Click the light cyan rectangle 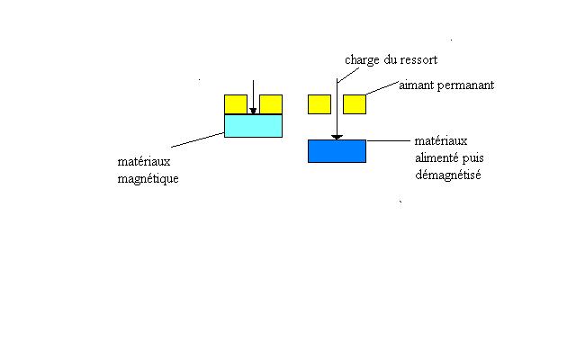pyautogui.click(x=253, y=126)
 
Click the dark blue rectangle pyautogui.click(x=337, y=151)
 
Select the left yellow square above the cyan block pyautogui.click(x=235, y=104)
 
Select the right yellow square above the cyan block pyautogui.click(x=271, y=104)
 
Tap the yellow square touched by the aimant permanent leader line pyautogui.click(x=355, y=103)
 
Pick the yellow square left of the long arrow pyautogui.click(x=319, y=103)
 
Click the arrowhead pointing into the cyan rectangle pyautogui.click(x=253, y=112)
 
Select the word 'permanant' pyautogui.click(x=466, y=86)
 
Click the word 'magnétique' pyautogui.click(x=148, y=179)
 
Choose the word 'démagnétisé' pyautogui.click(x=448, y=175)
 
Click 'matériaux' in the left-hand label pyautogui.click(x=143, y=162)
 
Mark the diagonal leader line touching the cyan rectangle pyautogui.click(x=197, y=140)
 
